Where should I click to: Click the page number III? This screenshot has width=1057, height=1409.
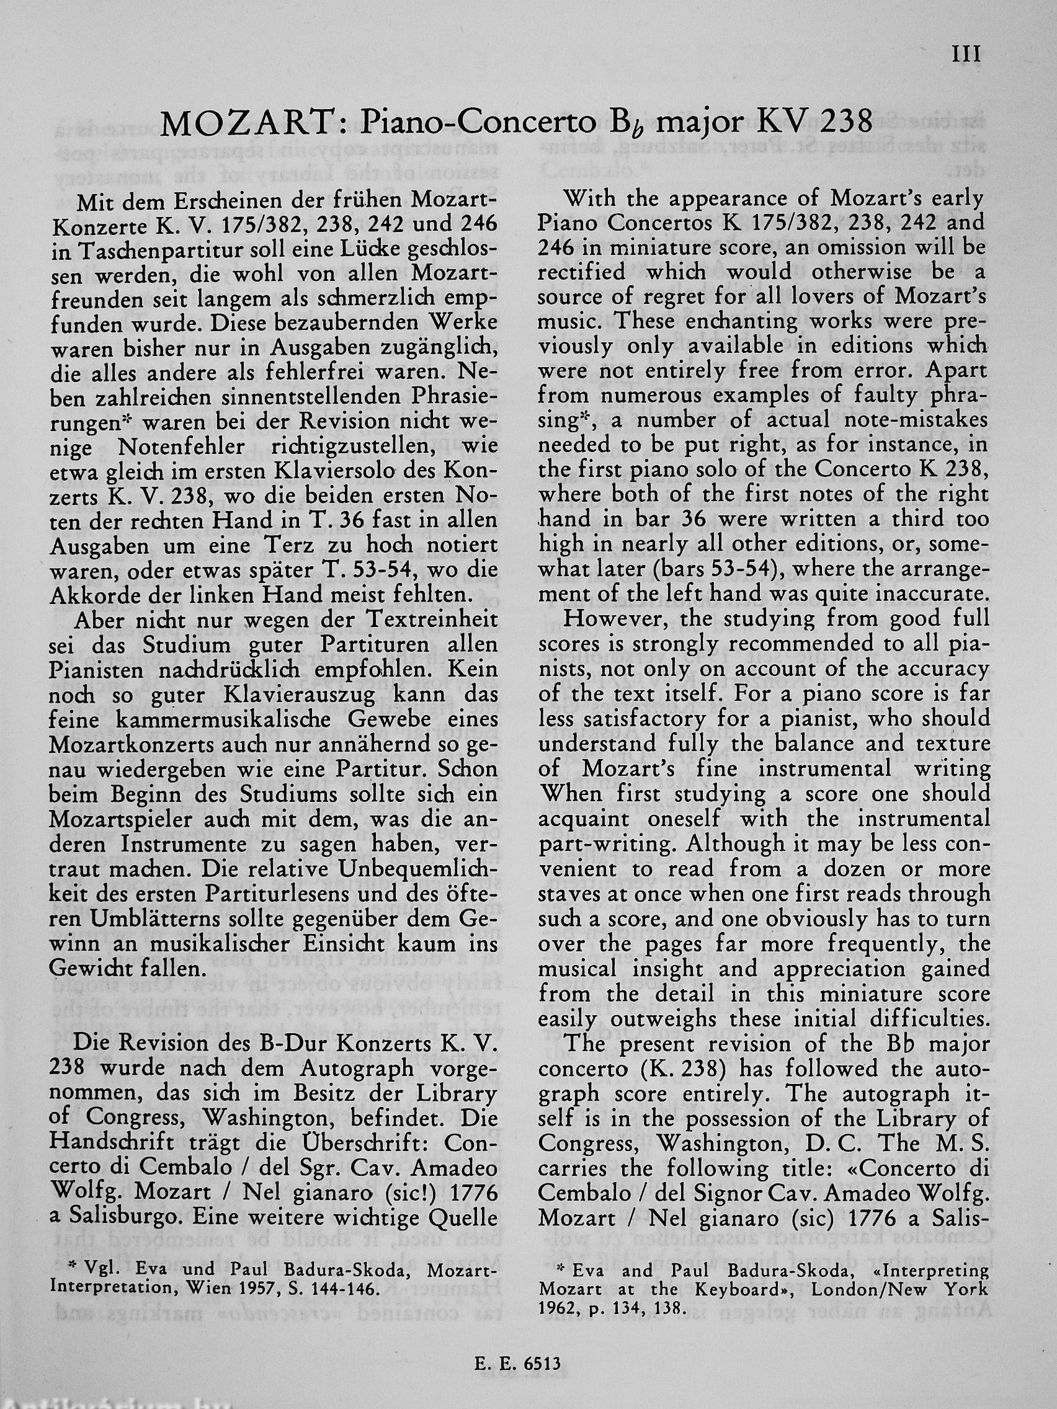[x=966, y=55]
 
